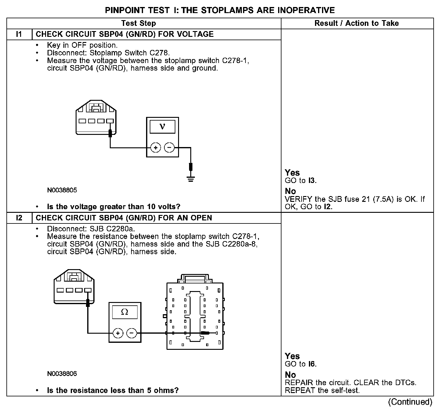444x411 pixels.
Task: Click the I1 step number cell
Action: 19,34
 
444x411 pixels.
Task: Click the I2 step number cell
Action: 19,218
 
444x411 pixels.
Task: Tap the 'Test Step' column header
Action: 138,23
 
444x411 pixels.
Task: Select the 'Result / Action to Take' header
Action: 356,23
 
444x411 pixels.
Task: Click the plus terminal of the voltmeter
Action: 156,148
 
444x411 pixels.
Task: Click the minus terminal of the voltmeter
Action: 169,148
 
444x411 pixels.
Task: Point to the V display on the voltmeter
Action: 162,126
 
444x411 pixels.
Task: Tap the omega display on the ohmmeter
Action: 125,312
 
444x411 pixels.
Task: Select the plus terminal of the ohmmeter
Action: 118,333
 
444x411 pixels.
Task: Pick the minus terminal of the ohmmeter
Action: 132,333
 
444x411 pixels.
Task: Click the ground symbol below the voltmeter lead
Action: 191,179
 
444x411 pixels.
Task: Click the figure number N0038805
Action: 62,190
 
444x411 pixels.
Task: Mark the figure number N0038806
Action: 62,374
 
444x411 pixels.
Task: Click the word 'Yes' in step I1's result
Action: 292,173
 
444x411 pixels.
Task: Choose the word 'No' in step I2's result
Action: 290,375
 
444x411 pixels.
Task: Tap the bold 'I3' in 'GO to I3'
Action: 312,181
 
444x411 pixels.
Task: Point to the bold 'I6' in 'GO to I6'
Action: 312,364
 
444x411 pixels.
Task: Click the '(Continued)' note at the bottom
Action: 410,402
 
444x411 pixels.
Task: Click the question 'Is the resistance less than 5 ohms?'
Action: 113,390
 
